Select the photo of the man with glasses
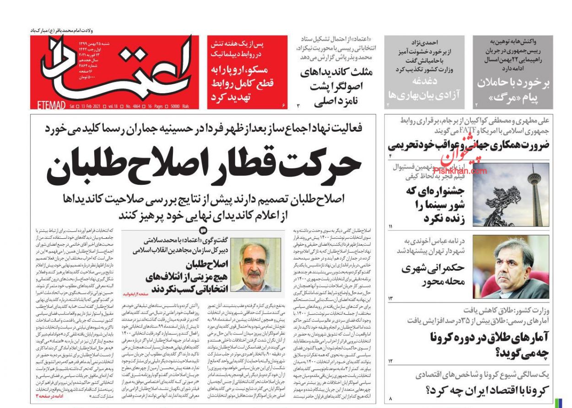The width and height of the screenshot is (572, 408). (x=510, y=268)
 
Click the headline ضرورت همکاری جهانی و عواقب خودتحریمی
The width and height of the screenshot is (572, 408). (x=469, y=146)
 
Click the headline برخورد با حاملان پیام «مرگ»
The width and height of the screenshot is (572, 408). (x=513, y=90)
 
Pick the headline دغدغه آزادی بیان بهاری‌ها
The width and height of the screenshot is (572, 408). (x=424, y=88)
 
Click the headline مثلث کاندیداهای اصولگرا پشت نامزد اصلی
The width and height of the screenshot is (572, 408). (x=336, y=87)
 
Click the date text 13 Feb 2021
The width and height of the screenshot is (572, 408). (x=90, y=106)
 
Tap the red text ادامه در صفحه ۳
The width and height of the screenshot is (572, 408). (x=50, y=396)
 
